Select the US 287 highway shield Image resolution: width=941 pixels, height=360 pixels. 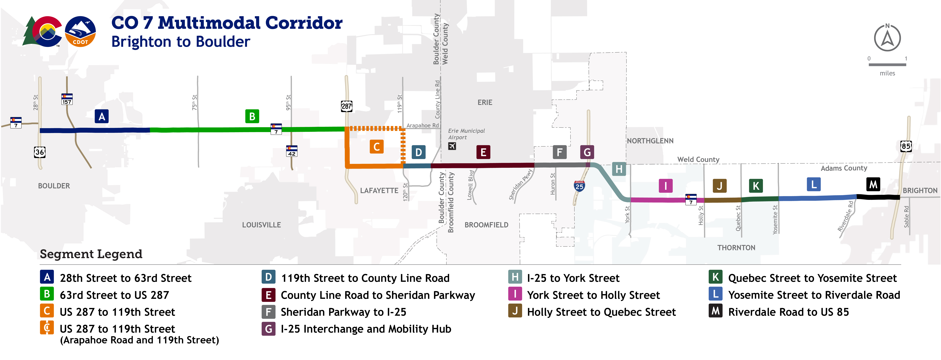(x=346, y=106)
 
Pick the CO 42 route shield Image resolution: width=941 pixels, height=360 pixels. (x=292, y=151)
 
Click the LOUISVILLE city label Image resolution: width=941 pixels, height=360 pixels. (x=262, y=225)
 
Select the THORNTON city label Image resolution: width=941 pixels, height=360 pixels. (x=736, y=248)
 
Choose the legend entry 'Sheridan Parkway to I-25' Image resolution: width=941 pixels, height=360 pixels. (x=343, y=312)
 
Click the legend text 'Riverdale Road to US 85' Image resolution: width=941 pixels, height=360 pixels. (x=788, y=312)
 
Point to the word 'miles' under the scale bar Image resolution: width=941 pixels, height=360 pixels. (x=887, y=73)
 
